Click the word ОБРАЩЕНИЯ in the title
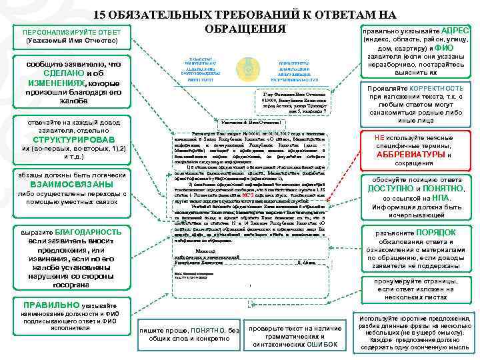tap(245, 30)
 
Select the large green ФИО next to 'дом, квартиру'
tap(446, 48)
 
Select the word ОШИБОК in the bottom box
tap(320, 345)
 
